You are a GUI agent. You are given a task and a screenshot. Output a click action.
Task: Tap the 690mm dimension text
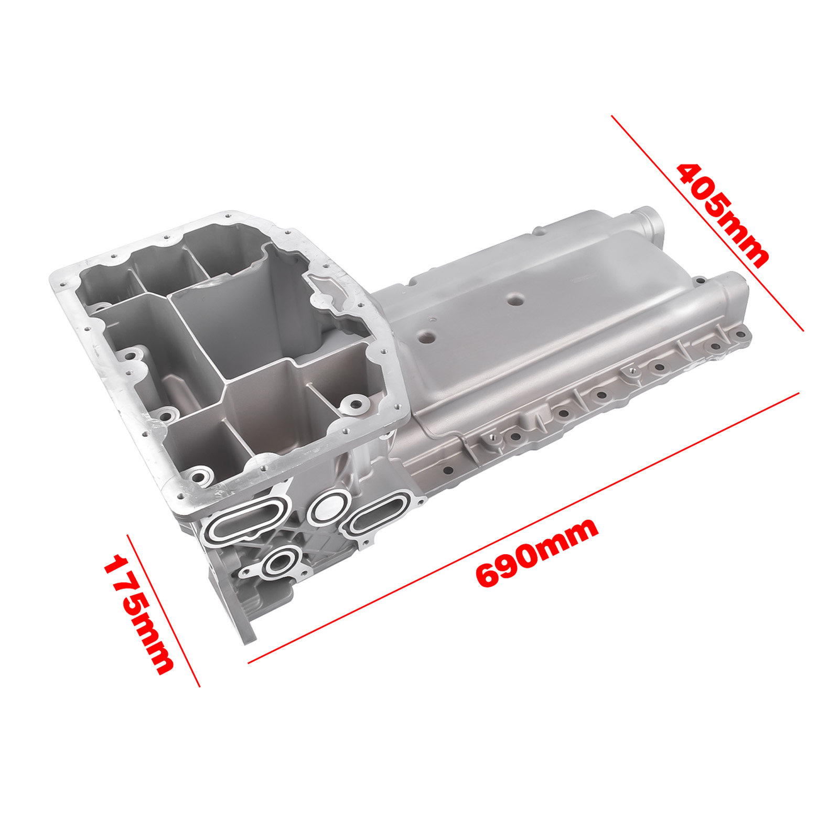(536, 552)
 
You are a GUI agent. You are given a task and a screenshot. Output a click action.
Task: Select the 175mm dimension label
(138, 614)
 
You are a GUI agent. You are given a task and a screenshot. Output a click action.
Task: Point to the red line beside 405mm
(707, 223)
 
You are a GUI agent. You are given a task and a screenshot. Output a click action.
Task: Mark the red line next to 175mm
(164, 610)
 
